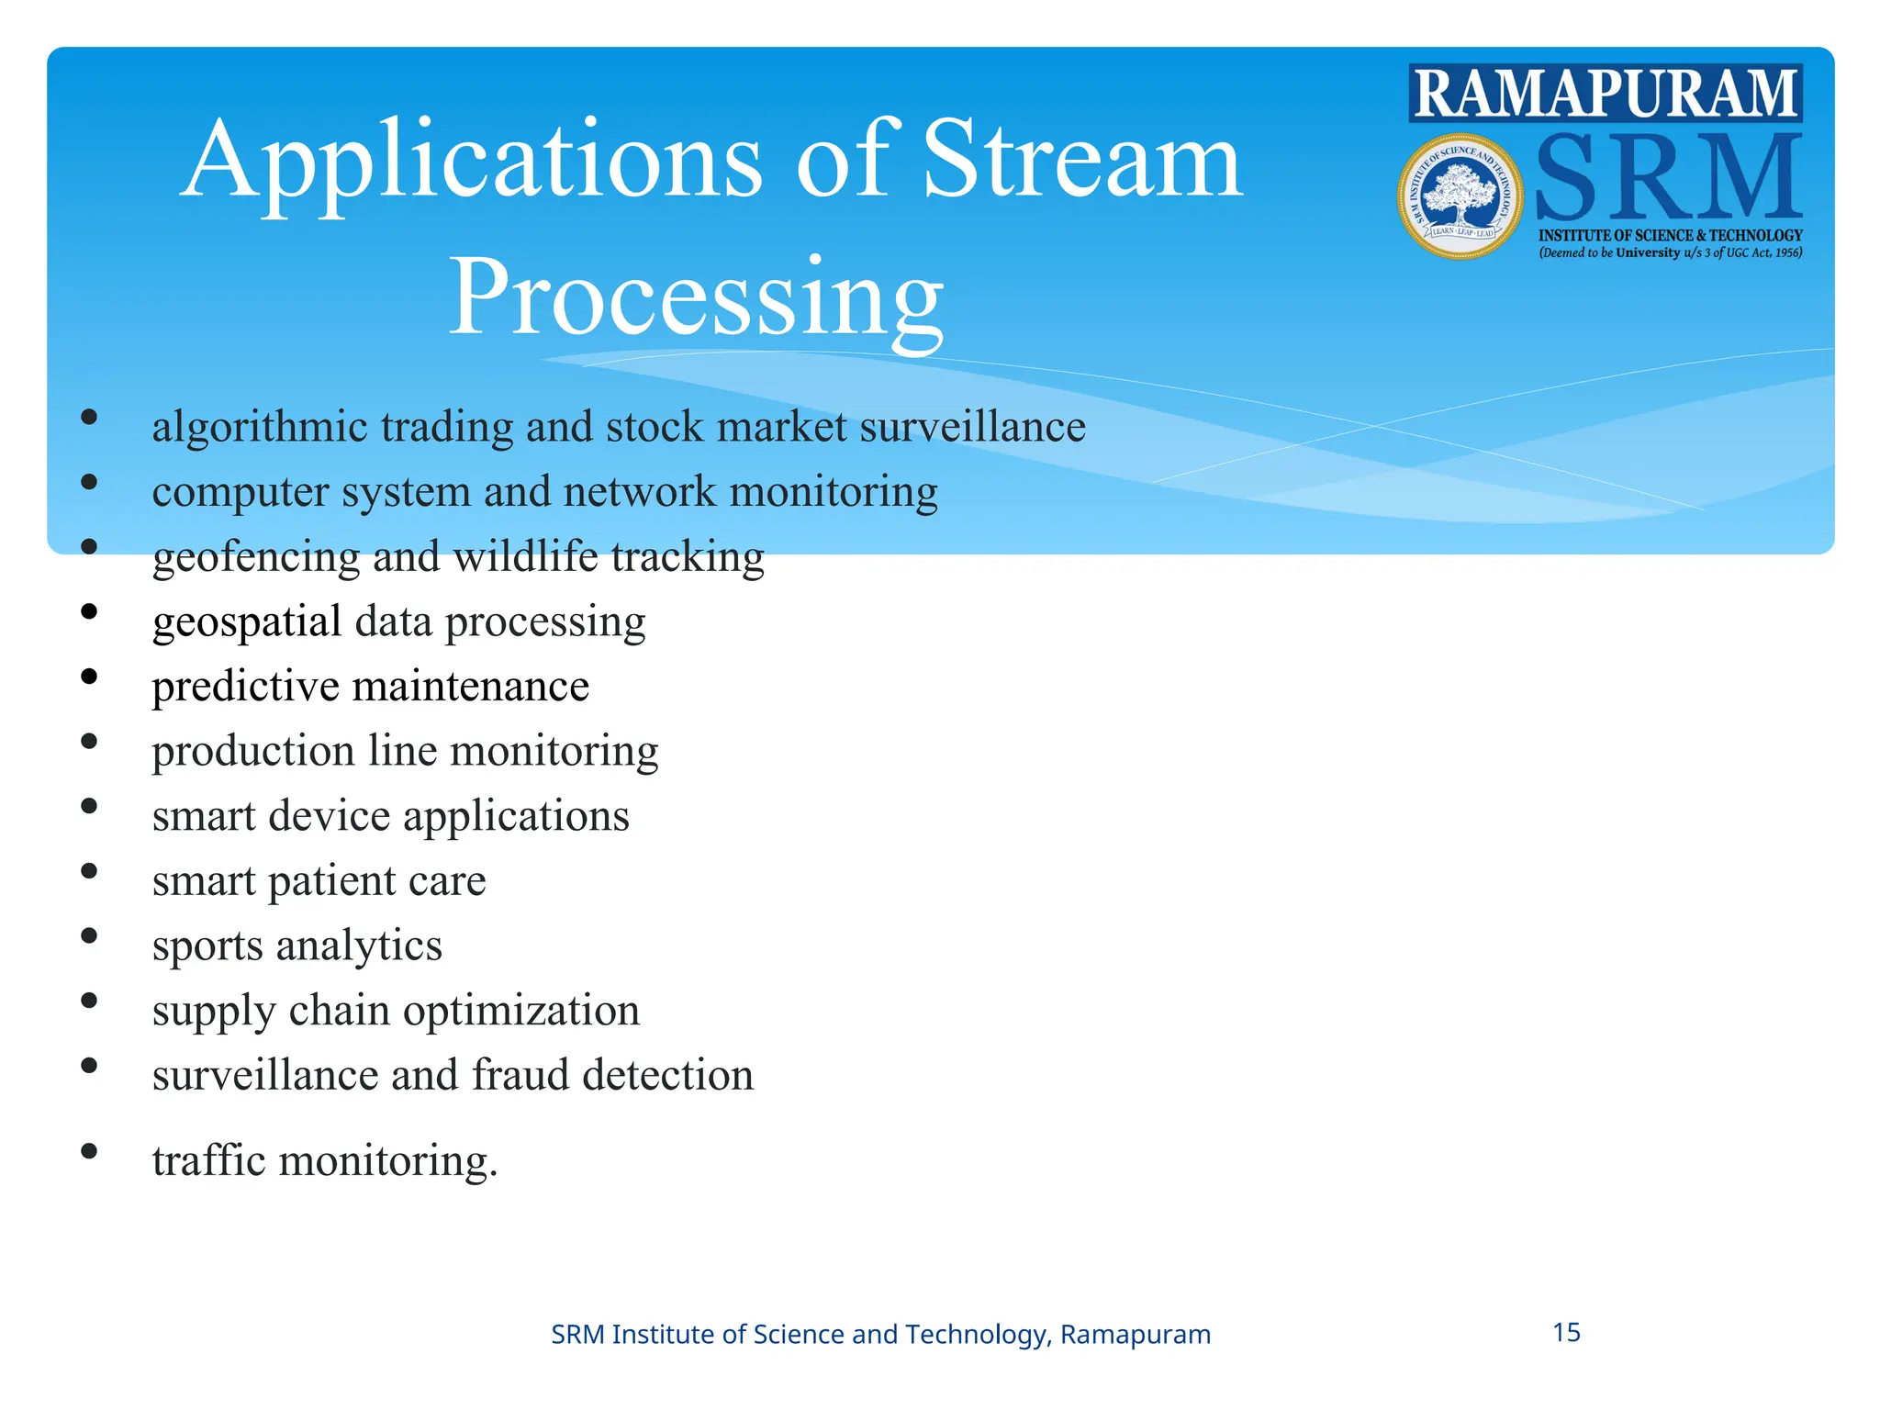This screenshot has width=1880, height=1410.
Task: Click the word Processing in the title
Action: (x=696, y=298)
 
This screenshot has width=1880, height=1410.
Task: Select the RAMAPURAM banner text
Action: (x=1605, y=94)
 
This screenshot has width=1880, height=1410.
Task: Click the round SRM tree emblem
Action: (x=1460, y=196)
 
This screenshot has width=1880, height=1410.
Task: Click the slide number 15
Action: (x=1566, y=1332)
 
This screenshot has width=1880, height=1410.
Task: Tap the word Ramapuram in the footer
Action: (x=1135, y=1334)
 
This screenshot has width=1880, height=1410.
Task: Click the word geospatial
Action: (x=246, y=622)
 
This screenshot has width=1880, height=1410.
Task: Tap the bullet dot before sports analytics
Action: (x=89, y=935)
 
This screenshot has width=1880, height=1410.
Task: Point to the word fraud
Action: (x=520, y=1075)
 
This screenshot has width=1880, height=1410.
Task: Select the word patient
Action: (x=331, y=881)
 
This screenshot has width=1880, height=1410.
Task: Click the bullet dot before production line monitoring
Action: (x=89, y=741)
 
